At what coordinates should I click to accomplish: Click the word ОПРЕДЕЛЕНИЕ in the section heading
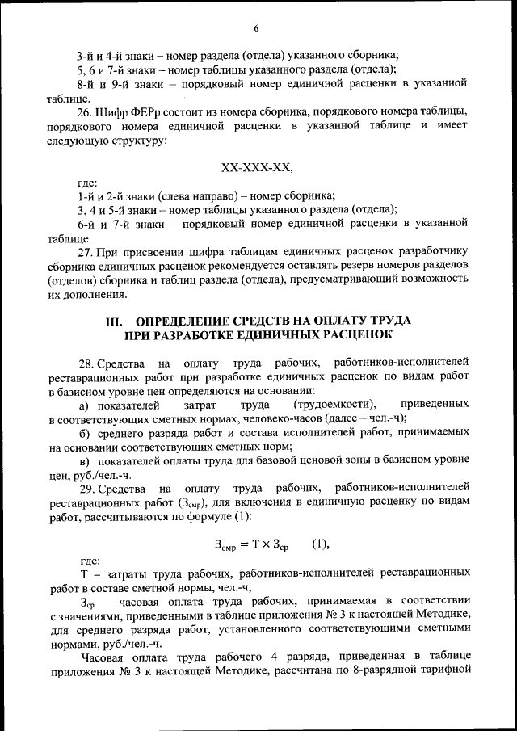[187, 321]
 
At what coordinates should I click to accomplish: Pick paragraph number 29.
[85, 489]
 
